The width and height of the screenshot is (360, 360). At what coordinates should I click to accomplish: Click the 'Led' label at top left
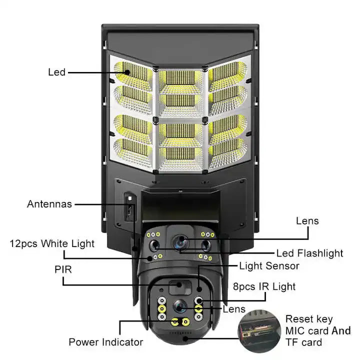coord(56,72)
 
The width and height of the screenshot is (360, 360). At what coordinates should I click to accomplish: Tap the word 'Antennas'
coord(49,204)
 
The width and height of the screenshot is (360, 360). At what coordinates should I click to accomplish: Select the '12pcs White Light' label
coord(52,243)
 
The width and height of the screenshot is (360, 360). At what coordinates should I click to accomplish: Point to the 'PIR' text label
coord(63,269)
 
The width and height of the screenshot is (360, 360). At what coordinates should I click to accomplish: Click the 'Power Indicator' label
coord(105,342)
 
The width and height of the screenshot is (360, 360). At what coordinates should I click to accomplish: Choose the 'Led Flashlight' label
coord(309,253)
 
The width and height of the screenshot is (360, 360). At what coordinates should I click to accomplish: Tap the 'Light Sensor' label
coord(268,266)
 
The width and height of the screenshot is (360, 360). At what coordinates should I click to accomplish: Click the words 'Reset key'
coord(308,318)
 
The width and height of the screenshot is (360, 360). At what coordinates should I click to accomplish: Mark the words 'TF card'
coord(303,342)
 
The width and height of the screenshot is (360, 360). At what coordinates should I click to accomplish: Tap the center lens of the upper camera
coord(179,241)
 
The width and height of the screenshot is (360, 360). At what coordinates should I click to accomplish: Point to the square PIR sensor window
coord(175,288)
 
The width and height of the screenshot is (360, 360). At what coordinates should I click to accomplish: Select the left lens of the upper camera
coord(154,245)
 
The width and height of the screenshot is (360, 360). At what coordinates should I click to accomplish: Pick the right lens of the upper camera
coord(204,245)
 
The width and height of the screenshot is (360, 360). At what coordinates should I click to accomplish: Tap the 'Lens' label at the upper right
coord(307,220)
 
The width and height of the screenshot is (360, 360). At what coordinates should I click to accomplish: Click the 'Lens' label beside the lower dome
coord(234,309)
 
